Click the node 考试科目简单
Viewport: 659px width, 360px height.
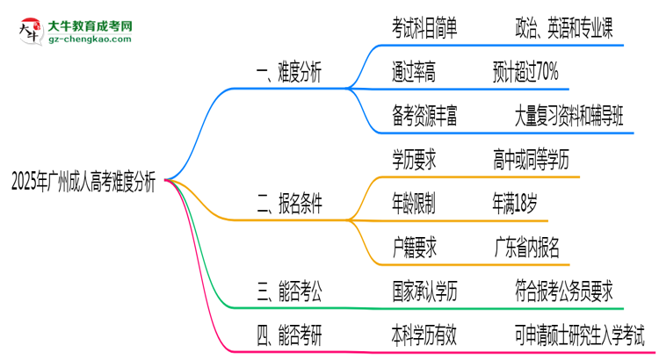pos(424,30)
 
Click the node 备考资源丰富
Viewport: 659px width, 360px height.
pos(424,114)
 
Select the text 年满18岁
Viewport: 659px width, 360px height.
pos(515,203)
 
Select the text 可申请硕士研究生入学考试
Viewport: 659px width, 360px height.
pos(580,335)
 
